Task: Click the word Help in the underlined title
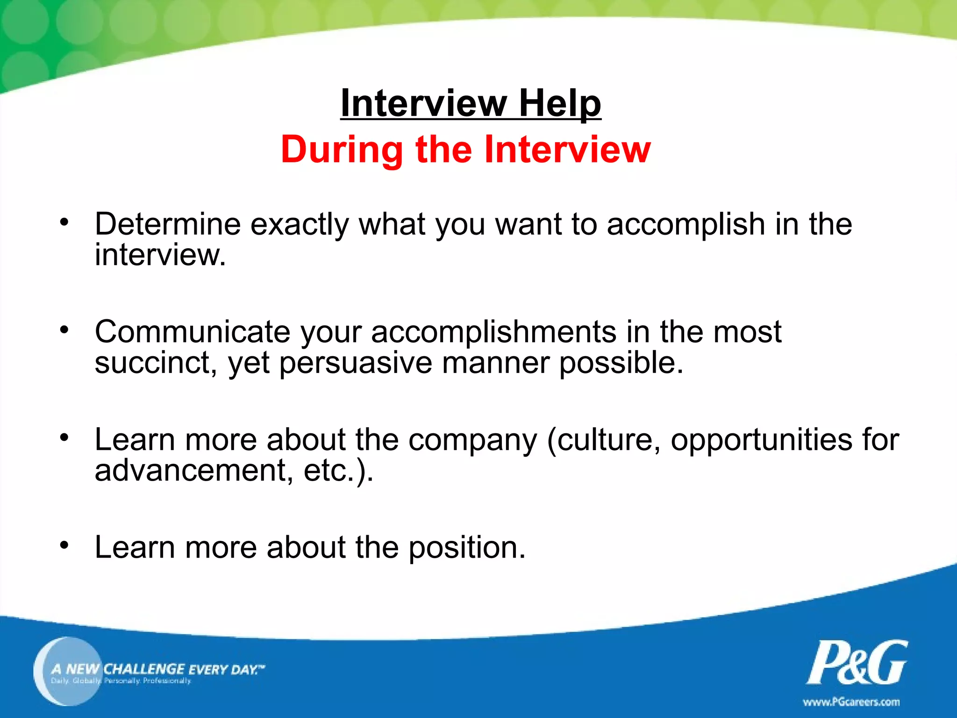(x=560, y=103)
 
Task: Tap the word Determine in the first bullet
(x=167, y=224)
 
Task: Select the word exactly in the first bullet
(x=300, y=225)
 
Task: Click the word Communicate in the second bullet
(x=192, y=332)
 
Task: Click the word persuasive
(x=355, y=363)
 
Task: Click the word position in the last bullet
(x=467, y=548)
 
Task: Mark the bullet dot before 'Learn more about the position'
(x=64, y=545)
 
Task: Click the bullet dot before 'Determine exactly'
(x=64, y=222)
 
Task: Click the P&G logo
(x=857, y=662)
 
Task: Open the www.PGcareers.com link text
(x=851, y=702)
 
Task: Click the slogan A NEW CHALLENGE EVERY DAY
(x=157, y=669)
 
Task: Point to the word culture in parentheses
(x=608, y=440)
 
